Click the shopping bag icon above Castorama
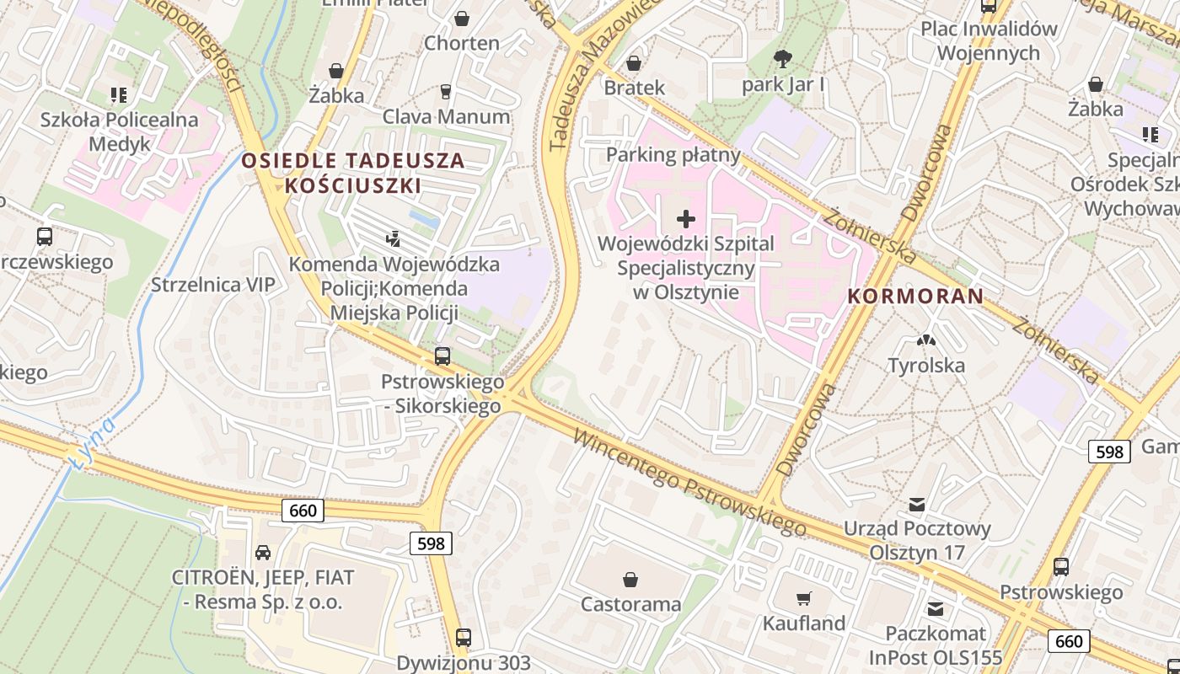tap(630, 580)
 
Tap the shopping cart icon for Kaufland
tap(804, 599)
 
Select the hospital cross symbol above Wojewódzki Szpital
tap(686, 219)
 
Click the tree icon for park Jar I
tap(783, 59)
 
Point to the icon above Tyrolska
tap(926, 341)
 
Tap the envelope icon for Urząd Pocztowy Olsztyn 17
tap(917, 505)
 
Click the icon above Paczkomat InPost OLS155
tap(935, 609)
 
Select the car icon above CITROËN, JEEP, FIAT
tap(263, 553)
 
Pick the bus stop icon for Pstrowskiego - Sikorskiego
tap(442, 356)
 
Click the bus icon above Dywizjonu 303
tap(463, 638)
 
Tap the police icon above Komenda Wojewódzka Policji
tap(393, 239)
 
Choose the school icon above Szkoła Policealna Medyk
tap(119, 95)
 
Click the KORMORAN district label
tap(915, 296)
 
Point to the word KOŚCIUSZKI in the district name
tap(352, 185)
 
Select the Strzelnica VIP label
tap(212, 285)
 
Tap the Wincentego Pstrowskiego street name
tap(689, 484)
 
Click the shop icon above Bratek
tap(634, 63)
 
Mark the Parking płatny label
tap(673, 155)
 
